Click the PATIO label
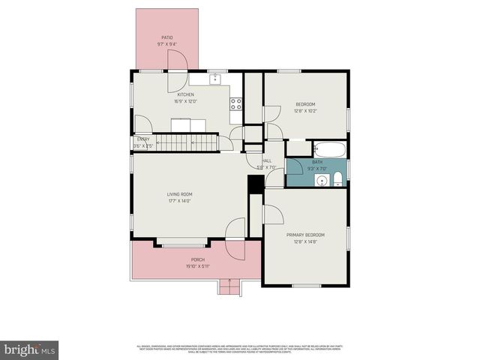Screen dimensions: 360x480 click(166, 37)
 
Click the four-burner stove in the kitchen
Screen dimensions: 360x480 click(235, 104)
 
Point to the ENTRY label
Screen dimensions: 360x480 click(143, 139)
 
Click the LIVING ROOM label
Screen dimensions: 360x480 click(179, 193)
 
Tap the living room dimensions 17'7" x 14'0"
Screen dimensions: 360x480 click(179, 200)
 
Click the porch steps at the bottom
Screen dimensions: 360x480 click(229, 286)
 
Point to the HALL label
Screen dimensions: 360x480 click(266, 160)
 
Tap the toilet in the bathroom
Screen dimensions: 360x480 click(338, 178)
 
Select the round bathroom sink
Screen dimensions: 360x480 click(320, 180)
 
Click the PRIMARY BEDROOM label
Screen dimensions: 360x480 click(304, 235)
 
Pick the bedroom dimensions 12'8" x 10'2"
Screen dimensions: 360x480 click(304, 110)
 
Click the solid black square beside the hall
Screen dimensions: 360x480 click(254, 184)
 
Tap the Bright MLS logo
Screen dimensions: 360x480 click(30, 349)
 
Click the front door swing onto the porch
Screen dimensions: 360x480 click(235, 229)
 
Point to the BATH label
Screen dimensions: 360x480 click(317, 162)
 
